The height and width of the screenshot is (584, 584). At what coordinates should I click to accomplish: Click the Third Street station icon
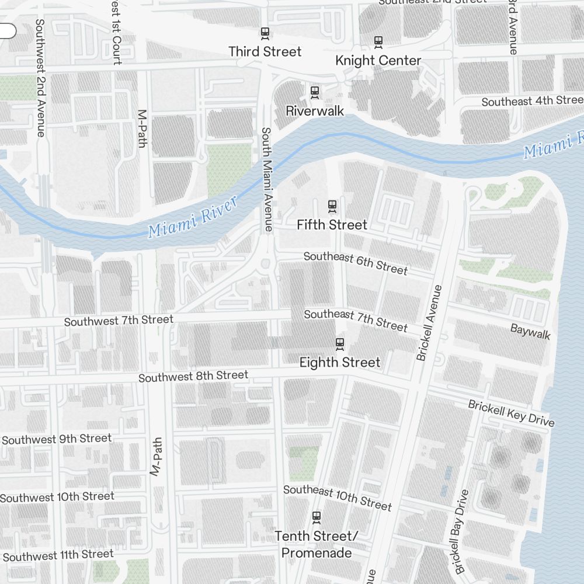tap(265, 33)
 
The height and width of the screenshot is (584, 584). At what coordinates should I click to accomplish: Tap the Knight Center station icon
tap(378, 42)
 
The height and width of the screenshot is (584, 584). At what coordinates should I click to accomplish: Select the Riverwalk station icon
tap(315, 92)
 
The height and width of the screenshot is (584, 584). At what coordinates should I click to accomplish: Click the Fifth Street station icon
tap(332, 206)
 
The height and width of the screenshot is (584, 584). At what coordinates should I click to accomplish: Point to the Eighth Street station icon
tap(340, 343)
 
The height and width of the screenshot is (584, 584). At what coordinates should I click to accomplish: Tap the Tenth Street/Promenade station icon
tap(317, 517)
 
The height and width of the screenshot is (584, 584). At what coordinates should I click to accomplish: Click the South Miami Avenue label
tap(267, 179)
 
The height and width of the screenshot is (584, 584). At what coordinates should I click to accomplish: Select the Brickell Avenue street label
tap(430, 322)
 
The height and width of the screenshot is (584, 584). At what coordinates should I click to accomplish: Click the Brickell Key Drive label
tap(511, 413)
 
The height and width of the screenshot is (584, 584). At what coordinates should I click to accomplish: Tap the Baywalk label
tap(530, 332)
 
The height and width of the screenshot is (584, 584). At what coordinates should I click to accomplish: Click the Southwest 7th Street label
tap(119, 321)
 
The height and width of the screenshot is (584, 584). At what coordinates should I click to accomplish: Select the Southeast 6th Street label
tap(355, 263)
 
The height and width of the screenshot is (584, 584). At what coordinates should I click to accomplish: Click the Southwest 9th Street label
tap(57, 439)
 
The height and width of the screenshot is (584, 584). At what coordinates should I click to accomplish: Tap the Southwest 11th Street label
tap(58, 555)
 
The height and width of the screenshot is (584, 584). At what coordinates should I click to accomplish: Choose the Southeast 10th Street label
tap(337, 497)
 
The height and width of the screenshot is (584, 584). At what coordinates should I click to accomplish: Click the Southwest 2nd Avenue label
tap(40, 78)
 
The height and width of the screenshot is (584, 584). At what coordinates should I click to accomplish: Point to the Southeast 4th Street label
tap(531, 101)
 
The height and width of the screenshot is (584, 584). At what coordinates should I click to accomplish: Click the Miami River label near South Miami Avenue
tap(193, 217)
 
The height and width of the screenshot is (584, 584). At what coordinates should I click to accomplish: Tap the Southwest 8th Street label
tap(193, 376)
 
